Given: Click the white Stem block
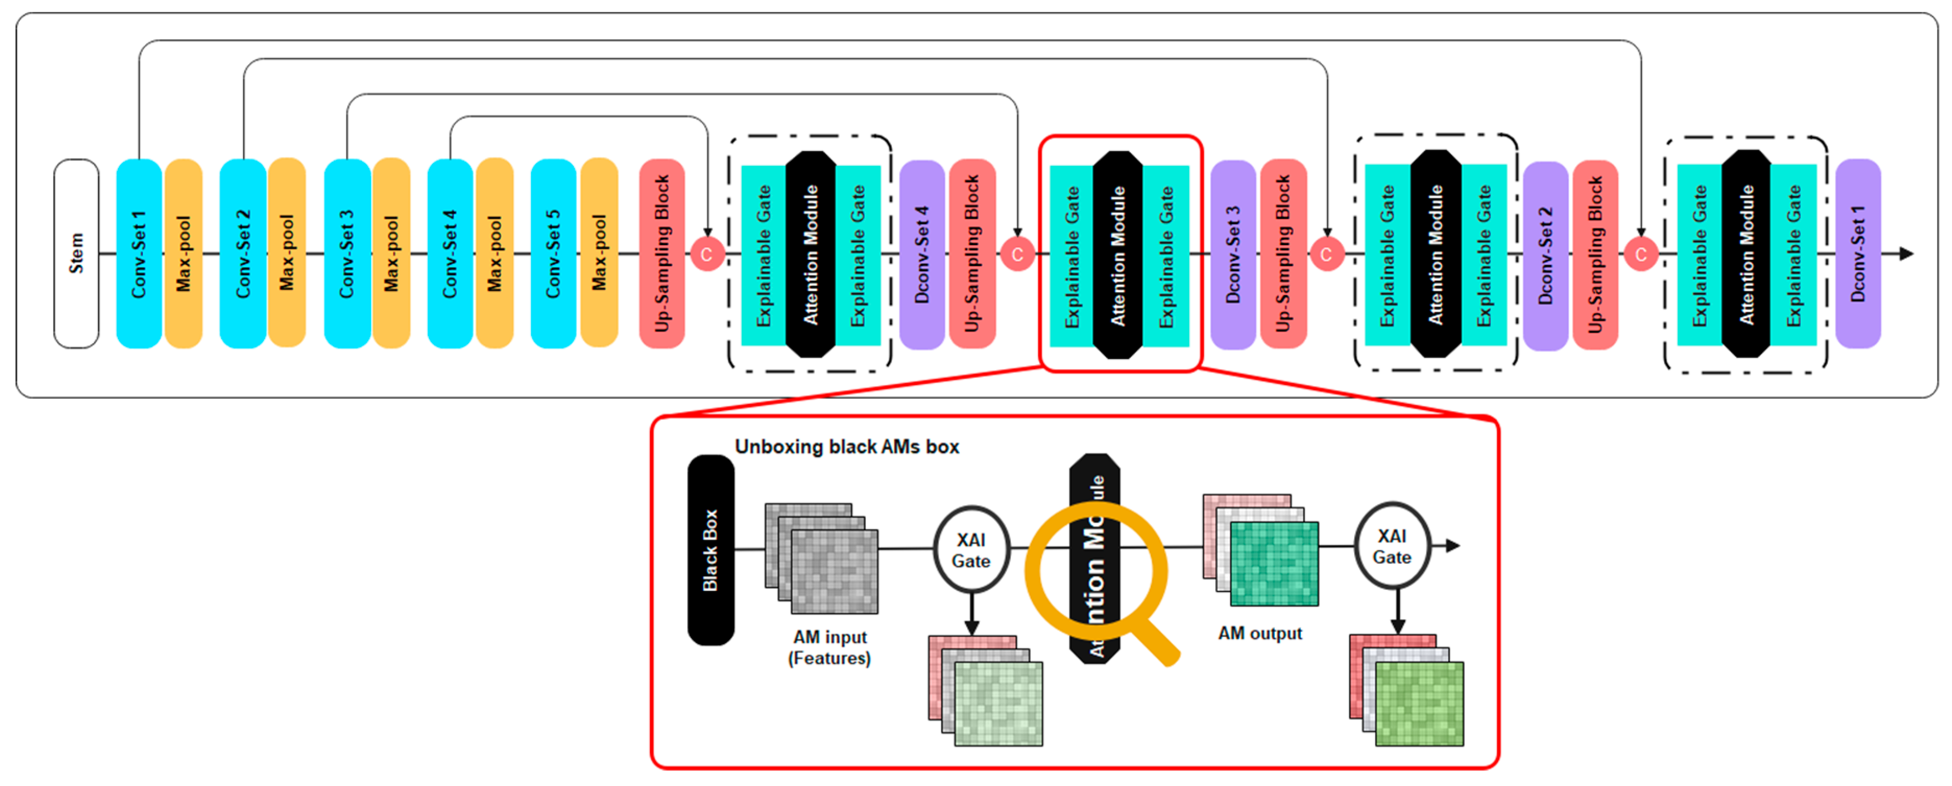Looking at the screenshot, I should click(x=76, y=254).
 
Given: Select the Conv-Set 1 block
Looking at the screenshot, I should click(x=139, y=254).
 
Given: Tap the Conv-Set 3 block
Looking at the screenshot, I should click(x=346, y=254).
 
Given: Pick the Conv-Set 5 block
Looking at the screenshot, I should click(x=553, y=254).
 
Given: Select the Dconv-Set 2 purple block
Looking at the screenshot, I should click(x=1545, y=256).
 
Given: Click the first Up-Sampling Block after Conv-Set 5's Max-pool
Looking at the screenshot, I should click(x=661, y=254).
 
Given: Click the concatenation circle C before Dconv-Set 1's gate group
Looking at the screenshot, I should click(x=1640, y=255).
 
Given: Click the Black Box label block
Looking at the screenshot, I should click(x=710, y=550).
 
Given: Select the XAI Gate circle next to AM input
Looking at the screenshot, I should click(x=971, y=550).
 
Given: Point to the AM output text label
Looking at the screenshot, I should click(x=1259, y=634).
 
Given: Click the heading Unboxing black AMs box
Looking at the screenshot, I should click(x=847, y=447).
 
